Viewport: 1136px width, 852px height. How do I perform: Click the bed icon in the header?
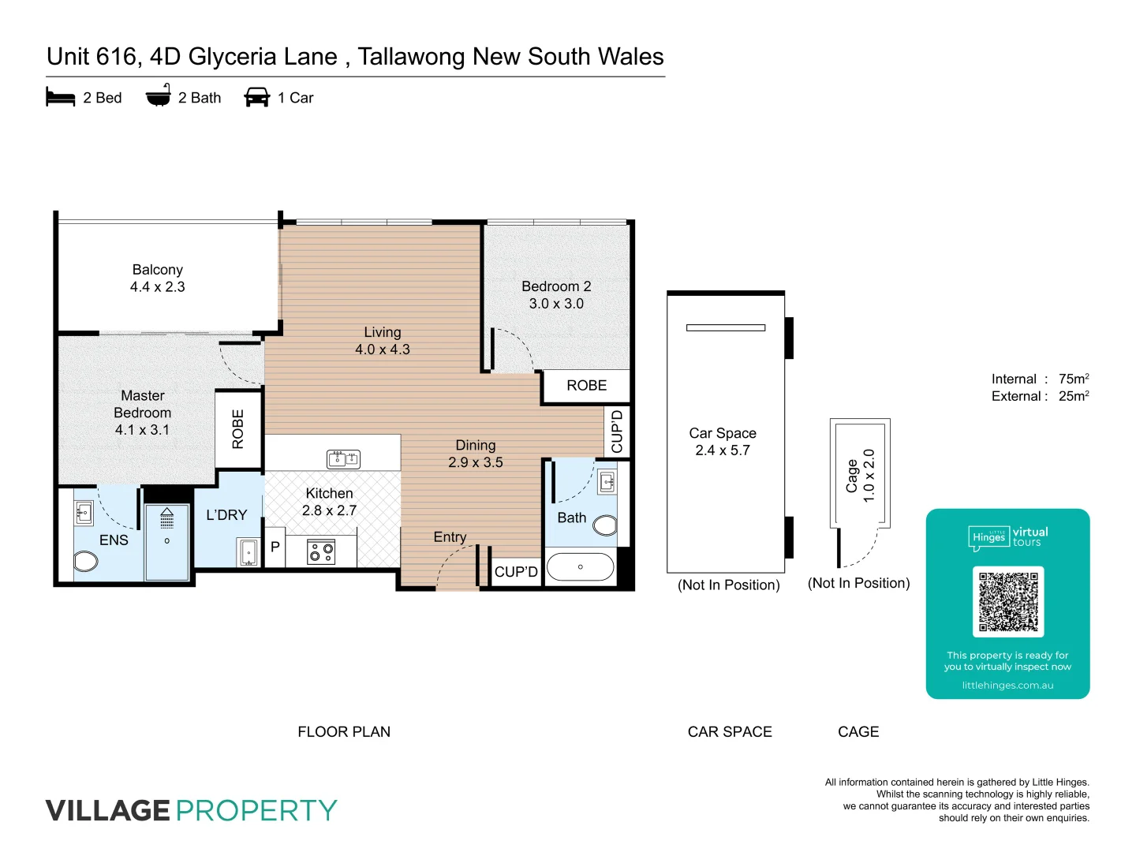coord(61,98)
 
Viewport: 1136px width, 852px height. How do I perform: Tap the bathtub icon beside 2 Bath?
coord(159,96)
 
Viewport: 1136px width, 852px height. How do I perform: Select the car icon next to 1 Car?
coord(257,97)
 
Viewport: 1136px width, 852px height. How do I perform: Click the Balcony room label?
coord(158,270)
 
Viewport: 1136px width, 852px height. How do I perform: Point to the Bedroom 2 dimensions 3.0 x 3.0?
coord(556,304)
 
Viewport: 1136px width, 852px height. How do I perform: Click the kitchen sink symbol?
coord(343,458)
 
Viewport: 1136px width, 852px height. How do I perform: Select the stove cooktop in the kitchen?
coord(321,551)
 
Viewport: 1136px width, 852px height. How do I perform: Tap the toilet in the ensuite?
coord(86,562)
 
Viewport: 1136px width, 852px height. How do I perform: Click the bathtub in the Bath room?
coord(580,566)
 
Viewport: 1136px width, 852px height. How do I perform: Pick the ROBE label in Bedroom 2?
coord(587,386)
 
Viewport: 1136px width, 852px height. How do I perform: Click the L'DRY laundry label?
coord(226,515)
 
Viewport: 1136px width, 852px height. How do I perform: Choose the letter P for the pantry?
coord(275,547)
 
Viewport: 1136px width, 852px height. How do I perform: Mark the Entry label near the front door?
coord(450,537)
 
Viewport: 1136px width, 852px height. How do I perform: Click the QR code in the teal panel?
coord(1008,601)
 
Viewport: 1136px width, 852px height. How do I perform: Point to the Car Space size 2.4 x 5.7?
coord(723,450)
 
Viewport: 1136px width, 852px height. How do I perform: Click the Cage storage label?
coord(852,476)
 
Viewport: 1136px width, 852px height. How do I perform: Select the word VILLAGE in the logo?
coord(108,810)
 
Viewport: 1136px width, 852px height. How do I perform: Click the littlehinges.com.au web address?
coord(1007,686)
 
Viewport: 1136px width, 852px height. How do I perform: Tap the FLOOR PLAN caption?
coord(344,732)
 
